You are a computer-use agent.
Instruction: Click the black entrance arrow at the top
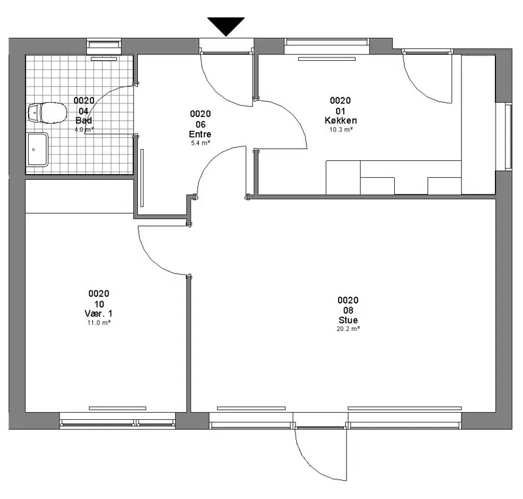pyautogui.click(x=226, y=26)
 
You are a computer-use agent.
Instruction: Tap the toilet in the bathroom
pyautogui.click(x=47, y=112)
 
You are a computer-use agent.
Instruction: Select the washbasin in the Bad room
pyautogui.click(x=37, y=149)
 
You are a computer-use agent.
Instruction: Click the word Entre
pyautogui.click(x=200, y=134)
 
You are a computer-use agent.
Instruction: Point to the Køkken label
pyautogui.click(x=341, y=120)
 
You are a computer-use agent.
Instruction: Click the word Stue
pyautogui.click(x=348, y=320)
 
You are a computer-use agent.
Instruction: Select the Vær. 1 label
pyautogui.click(x=99, y=313)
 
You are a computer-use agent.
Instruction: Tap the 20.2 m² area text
pyautogui.click(x=348, y=329)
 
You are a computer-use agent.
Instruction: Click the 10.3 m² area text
pyautogui.click(x=341, y=129)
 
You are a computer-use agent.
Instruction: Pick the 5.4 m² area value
pyautogui.click(x=200, y=143)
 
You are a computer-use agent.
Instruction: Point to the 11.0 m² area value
pyautogui.click(x=99, y=323)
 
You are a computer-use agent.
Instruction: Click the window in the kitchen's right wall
pyautogui.click(x=508, y=137)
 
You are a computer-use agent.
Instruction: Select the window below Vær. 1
pyautogui.click(x=118, y=421)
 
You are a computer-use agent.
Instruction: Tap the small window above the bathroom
pyautogui.click(x=104, y=46)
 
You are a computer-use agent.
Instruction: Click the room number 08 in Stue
pyautogui.click(x=348, y=311)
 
